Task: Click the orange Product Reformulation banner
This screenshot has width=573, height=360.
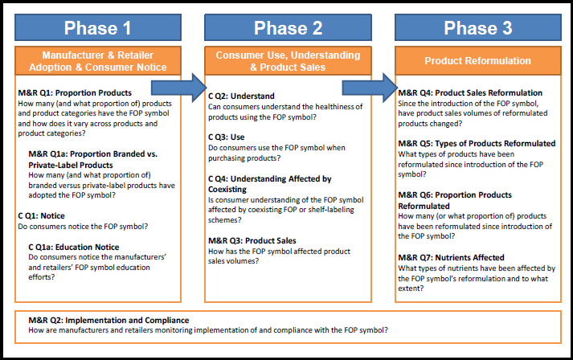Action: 477,61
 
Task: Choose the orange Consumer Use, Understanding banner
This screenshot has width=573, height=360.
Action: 288,61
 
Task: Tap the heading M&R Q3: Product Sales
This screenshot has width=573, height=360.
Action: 252,240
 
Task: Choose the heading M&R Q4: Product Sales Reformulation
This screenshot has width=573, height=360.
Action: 470,92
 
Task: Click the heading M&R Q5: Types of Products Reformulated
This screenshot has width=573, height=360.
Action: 477,143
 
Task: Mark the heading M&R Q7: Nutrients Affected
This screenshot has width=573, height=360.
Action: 452,257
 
